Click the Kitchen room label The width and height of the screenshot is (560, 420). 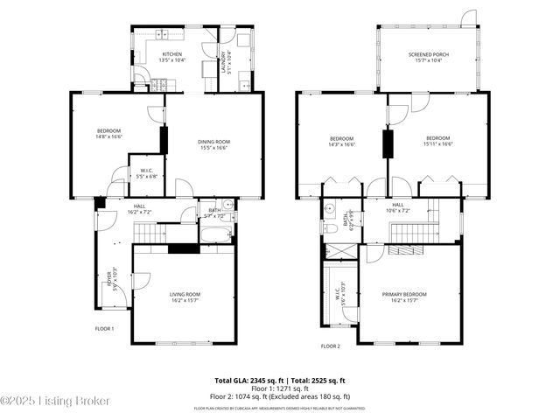(171, 55)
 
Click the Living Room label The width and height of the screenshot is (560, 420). (185, 295)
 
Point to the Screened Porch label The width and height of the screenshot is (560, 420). (429, 55)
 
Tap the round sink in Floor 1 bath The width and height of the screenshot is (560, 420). (227, 206)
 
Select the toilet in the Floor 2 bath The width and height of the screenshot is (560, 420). (328, 228)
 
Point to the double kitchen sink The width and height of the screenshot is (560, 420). (163, 35)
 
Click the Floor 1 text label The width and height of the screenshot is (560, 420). (105, 329)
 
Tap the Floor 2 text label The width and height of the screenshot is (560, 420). (330, 346)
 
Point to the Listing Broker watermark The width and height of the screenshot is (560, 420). (56, 401)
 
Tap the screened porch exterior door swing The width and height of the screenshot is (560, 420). (469, 17)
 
